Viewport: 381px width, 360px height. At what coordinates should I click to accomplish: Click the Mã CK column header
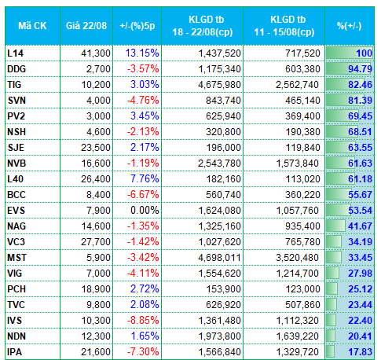(32, 26)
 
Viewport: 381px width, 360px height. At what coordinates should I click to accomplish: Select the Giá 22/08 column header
(86, 26)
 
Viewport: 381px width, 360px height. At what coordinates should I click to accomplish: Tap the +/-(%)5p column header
(137, 26)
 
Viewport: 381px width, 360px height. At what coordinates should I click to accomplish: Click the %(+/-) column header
(350, 26)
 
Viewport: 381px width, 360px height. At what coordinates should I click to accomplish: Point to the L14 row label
(16, 53)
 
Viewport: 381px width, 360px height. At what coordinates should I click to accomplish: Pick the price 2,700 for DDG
(98, 69)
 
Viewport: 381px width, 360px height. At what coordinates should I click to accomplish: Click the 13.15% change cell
(142, 53)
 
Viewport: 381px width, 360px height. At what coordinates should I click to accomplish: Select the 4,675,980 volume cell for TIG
(219, 85)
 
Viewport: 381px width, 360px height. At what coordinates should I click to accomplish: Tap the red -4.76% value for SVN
(143, 101)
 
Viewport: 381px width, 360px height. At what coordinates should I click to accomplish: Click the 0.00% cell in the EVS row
(145, 211)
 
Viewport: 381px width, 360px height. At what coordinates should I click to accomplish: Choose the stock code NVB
(16, 163)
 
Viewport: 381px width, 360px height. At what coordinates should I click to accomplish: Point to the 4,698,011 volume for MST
(219, 258)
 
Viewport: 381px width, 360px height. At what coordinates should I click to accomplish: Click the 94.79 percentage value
(360, 69)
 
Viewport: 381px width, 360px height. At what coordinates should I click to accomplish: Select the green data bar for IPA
(330, 351)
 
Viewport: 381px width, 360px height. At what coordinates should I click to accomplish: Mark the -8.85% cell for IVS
(143, 321)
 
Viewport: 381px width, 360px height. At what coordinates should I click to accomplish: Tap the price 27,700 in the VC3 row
(96, 242)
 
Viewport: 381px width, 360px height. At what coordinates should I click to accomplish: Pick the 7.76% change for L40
(145, 179)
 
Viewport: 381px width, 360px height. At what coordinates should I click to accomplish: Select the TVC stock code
(16, 305)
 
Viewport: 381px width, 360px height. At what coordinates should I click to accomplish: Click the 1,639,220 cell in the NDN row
(298, 336)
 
